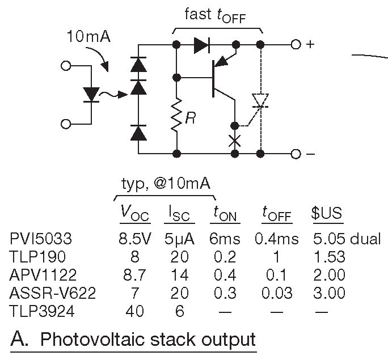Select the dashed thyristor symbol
(x=260, y=100)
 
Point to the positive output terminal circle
(x=295, y=44)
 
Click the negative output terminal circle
(x=295, y=153)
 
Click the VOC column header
(x=135, y=213)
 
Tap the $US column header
(x=327, y=213)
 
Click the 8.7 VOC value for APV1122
(x=135, y=274)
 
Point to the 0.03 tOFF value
(x=278, y=293)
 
